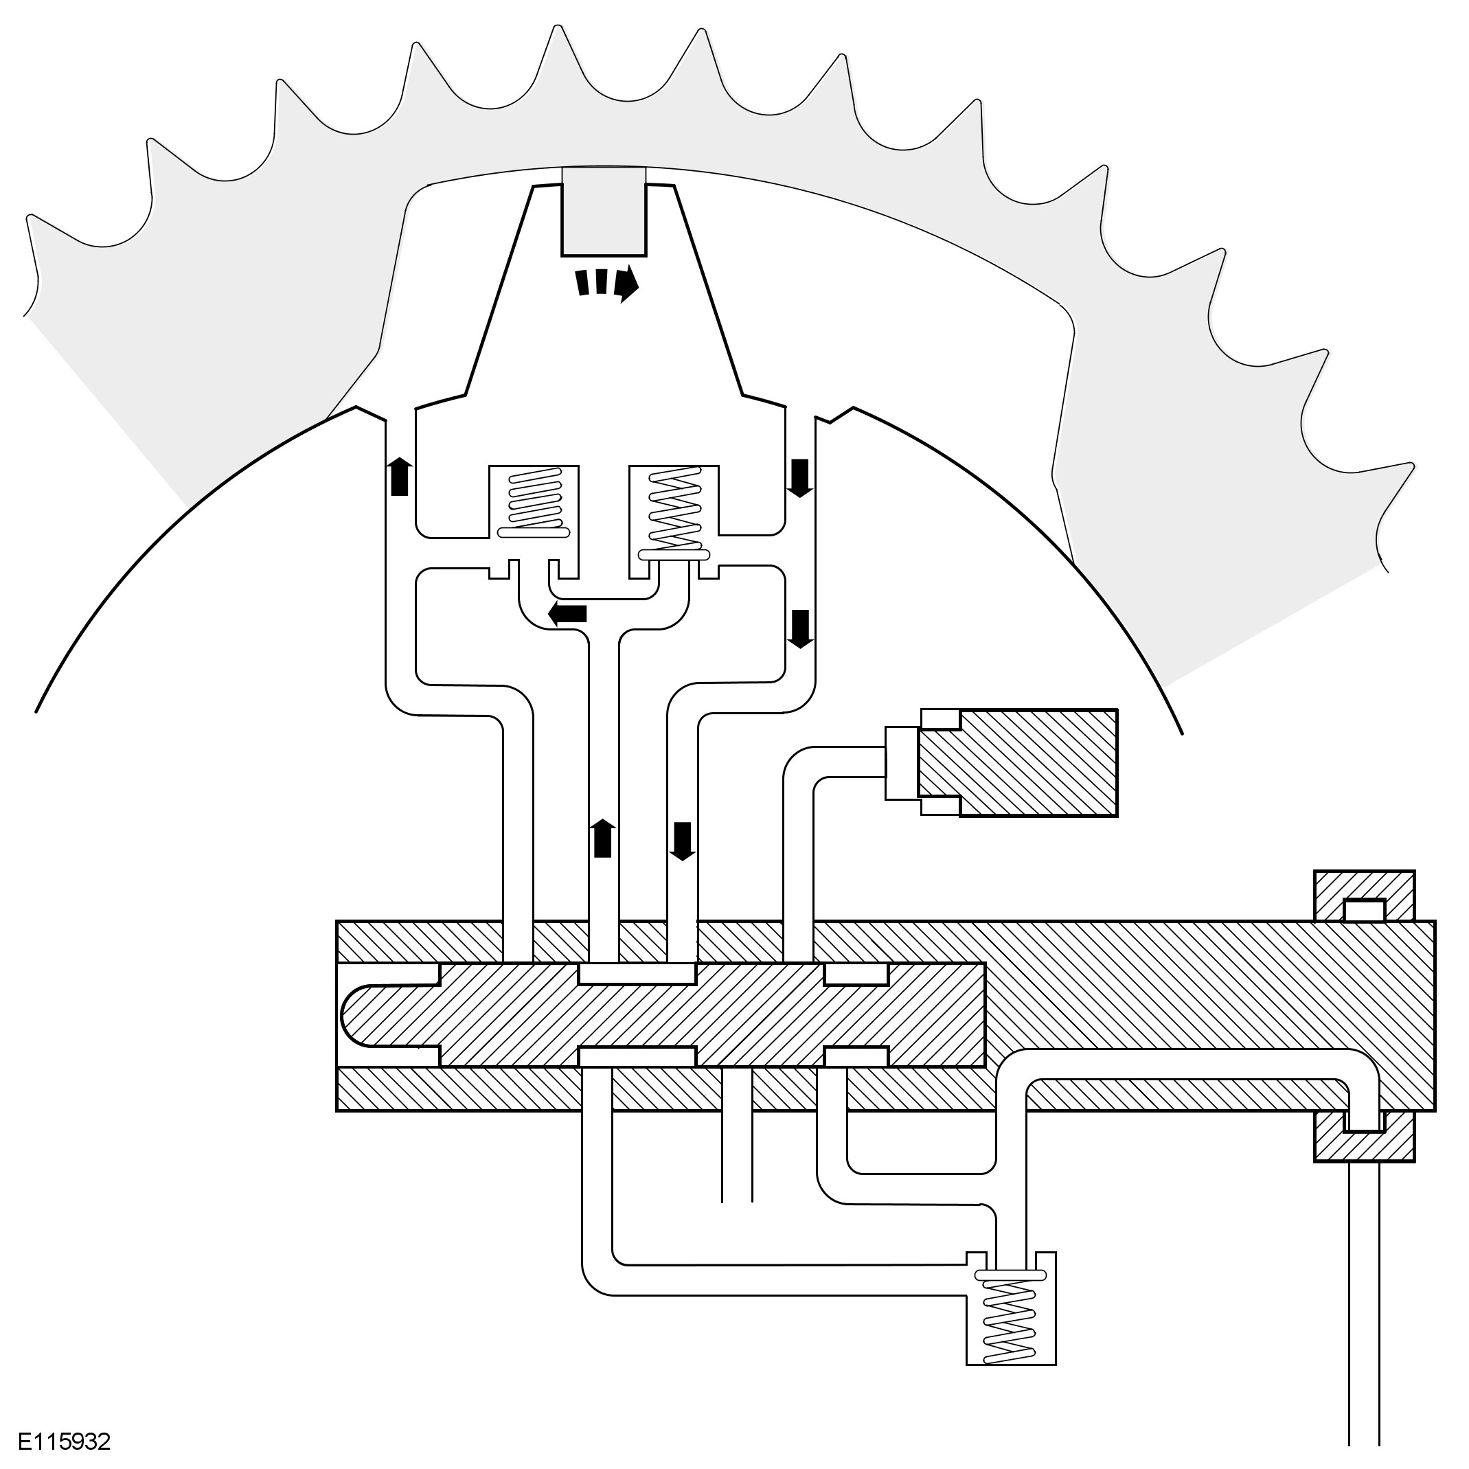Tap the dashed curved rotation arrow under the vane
[606, 283]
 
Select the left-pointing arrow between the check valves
[567, 613]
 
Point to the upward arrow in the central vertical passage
[602, 839]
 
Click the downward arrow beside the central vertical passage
[682, 841]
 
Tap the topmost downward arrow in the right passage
[799, 477]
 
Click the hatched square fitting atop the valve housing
[1365, 896]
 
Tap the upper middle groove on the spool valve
[637, 973]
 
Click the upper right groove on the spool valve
[856, 974]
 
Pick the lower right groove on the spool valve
[856, 1056]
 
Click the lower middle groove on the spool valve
[637, 1056]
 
